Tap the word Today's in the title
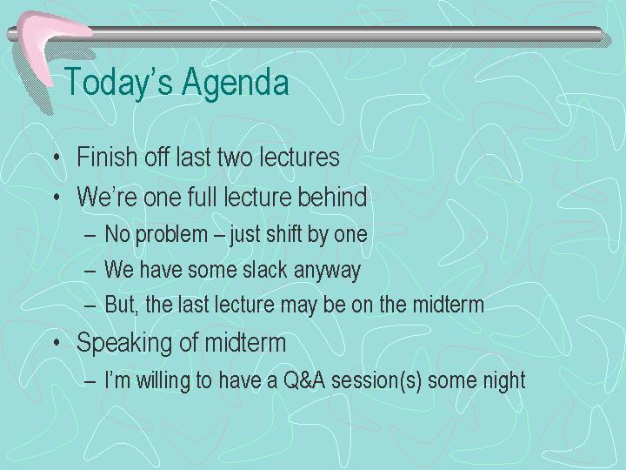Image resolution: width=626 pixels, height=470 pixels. coord(118,83)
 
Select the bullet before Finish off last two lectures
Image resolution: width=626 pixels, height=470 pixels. coord(57,157)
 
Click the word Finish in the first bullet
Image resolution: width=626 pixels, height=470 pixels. coord(107,157)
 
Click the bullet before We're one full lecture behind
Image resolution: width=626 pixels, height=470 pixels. coord(57,197)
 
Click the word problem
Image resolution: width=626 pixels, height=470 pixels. coord(171,234)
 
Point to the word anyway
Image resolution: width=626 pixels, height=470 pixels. coord(328,271)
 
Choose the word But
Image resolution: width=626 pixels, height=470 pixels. coord(121,305)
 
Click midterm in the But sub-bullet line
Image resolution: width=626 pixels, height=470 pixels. coord(449,305)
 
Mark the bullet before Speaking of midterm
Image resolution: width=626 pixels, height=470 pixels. coord(57,343)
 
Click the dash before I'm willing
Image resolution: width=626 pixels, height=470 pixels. coord(90,381)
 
